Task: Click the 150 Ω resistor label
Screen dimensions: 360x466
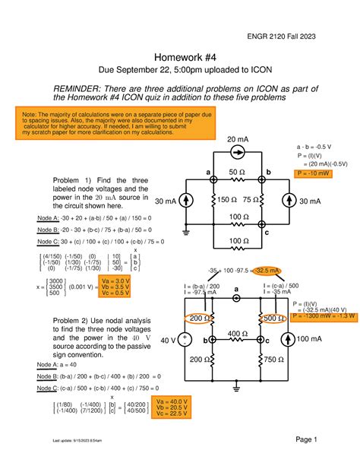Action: click(226, 200)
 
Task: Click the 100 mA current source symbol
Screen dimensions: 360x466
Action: click(288, 339)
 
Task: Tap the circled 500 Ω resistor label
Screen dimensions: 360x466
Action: click(273, 318)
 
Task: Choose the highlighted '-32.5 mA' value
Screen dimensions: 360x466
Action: click(268, 271)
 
